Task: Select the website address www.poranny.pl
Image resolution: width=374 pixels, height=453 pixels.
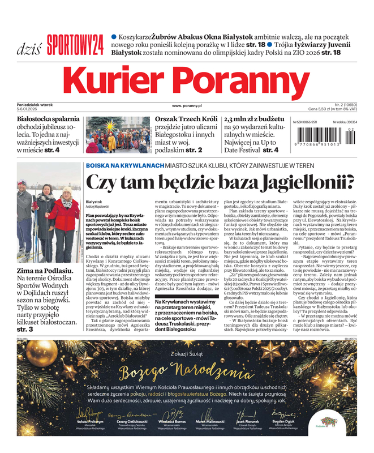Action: point(187,105)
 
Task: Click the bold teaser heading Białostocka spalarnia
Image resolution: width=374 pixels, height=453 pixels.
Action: point(48,119)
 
